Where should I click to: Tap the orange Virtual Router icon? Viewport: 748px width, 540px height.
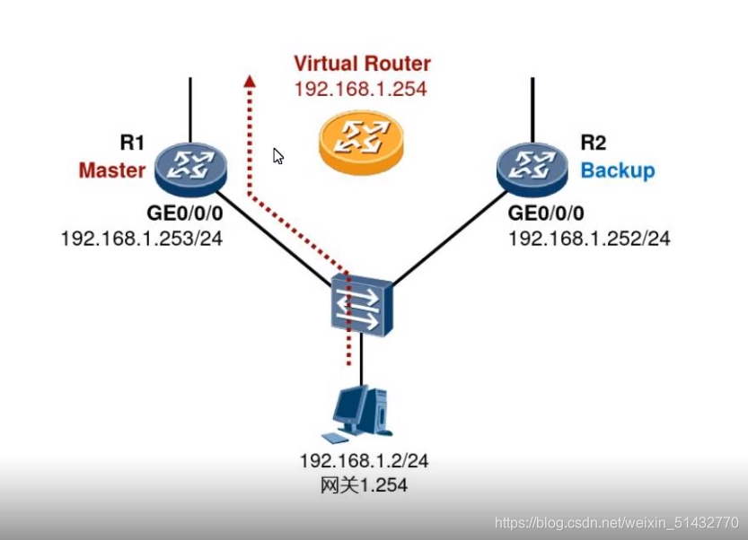(x=361, y=141)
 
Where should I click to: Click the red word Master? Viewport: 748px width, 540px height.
(x=112, y=170)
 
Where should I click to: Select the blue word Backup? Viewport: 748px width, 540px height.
(x=618, y=170)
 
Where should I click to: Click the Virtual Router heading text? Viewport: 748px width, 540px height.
(x=362, y=64)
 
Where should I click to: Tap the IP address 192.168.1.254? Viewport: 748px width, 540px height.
(x=360, y=89)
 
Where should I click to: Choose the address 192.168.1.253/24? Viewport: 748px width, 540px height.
(x=141, y=239)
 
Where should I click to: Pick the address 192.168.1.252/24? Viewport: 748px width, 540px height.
(x=589, y=239)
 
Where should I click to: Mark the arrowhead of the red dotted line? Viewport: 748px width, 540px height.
(x=250, y=81)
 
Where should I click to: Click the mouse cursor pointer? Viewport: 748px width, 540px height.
(x=278, y=156)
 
